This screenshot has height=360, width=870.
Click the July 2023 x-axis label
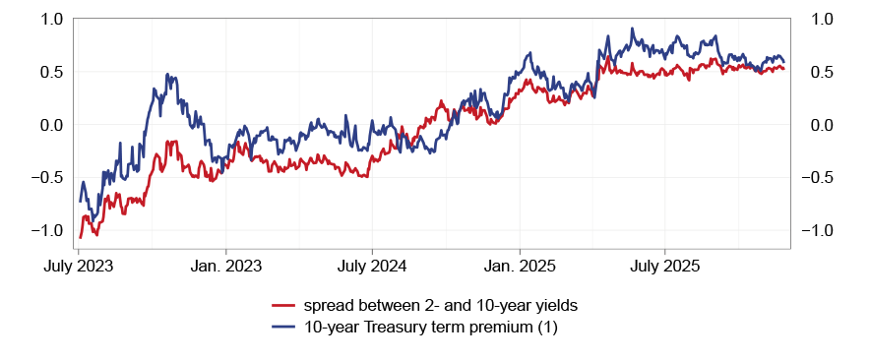[x=79, y=266]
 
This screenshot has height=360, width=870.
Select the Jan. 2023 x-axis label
[x=225, y=266]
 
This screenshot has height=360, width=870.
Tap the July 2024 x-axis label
[x=372, y=266]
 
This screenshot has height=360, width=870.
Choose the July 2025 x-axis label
[x=664, y=266]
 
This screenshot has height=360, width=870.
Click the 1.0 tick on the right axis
[x=822, y=19]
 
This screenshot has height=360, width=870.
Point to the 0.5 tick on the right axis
[x=822, y=72]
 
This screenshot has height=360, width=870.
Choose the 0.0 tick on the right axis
[x=822, y=125]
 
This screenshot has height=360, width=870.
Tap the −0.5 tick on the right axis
[x=826, y=178]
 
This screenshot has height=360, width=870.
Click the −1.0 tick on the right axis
[x=826, y=231]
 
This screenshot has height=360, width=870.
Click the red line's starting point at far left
[x=80, y=237]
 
